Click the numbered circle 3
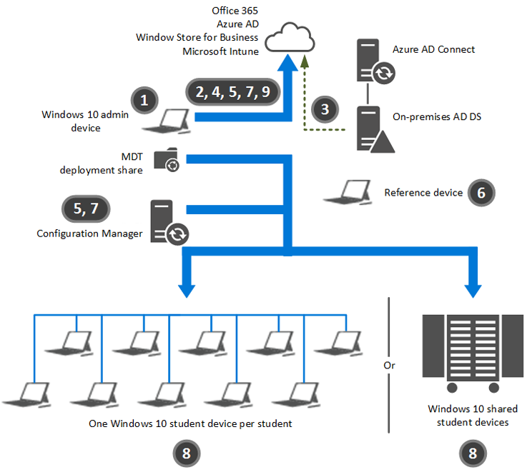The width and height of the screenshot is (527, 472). coord(325,109)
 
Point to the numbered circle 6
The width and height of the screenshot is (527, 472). coord(481,193)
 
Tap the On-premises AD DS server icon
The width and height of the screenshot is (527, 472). coord(374,129)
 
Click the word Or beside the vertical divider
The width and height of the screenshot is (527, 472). coord(389,365)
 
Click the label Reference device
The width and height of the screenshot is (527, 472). coord(423,193)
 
